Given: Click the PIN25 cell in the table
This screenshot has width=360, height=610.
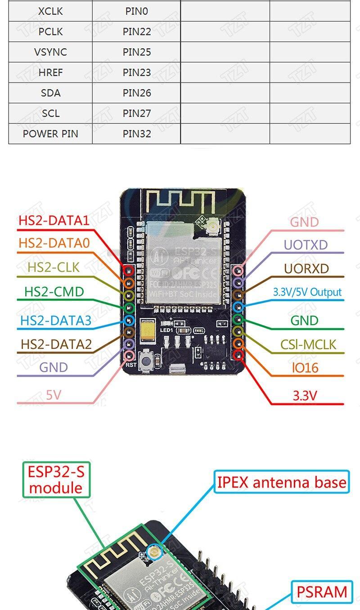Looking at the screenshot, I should (x=137, y=52).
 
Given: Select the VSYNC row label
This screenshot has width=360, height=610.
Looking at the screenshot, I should (x=50, y=52).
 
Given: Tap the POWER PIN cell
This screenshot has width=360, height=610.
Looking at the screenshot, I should (x=50, y=134).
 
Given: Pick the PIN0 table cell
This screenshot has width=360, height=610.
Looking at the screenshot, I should (x=137, y=11).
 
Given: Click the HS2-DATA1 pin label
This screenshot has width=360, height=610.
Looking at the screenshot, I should (x=54, y=221).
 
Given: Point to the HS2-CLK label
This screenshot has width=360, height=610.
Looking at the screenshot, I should (x=54, y=267).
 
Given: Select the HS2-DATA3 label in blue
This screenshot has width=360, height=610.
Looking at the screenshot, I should (x=56, y=321).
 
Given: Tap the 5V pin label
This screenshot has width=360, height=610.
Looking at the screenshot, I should (x=53, y=395).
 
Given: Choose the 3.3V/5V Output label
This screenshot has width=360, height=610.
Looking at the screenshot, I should (x=307, y=292).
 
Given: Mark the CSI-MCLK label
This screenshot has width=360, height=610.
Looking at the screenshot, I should (x=308, y=345).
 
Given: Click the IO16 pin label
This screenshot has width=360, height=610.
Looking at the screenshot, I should (x=305, y=368).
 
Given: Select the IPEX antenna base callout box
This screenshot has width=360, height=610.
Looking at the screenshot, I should (x=282, y=482).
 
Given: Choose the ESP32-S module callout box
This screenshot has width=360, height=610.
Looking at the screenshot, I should (x=56, y=480).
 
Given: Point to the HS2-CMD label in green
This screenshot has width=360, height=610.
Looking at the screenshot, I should (x=54, y=292).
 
